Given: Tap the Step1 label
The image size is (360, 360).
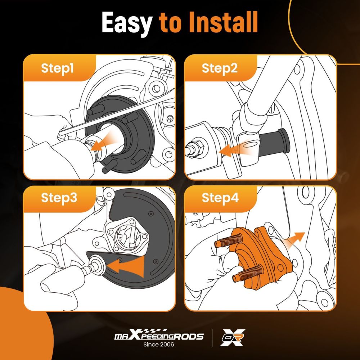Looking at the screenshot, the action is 57,68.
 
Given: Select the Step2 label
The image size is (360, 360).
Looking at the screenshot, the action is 220,68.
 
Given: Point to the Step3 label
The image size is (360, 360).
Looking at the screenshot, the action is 59,198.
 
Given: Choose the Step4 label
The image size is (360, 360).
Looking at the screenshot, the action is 220,198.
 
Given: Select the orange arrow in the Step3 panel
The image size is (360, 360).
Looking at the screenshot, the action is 126,266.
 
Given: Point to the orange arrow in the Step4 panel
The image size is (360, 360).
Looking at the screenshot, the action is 295,239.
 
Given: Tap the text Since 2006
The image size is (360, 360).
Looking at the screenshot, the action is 159,345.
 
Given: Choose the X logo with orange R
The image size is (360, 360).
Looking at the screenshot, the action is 232,337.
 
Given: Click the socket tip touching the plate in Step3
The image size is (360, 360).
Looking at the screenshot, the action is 97,264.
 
